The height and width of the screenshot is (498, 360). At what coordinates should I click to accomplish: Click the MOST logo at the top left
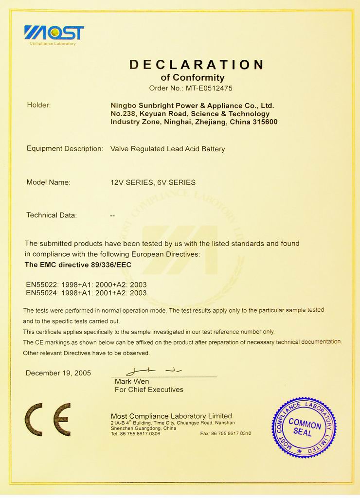coord(54,33)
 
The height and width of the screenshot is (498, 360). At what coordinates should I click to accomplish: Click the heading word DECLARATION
coord(197,65)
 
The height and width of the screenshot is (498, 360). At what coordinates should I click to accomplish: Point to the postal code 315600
coord(265,122)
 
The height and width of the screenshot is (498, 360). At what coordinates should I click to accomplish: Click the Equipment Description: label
coord(65,149)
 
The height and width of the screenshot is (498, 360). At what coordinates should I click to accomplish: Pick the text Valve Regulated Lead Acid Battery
coord(168,149)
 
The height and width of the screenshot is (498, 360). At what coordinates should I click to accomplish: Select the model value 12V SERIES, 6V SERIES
coord(153,183)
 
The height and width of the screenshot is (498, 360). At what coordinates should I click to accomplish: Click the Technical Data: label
coord(52,215)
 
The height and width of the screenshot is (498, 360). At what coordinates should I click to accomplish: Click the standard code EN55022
coord(42,285)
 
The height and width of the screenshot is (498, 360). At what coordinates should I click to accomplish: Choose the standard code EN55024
coord(42,293)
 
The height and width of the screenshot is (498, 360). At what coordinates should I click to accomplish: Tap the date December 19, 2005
coord(58,373)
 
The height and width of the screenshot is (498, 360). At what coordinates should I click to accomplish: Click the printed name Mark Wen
coord(132,381)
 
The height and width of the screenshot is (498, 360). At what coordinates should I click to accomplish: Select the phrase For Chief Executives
coord(149,390)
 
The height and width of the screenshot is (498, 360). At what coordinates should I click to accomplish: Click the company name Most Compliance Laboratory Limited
coord(171,416)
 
